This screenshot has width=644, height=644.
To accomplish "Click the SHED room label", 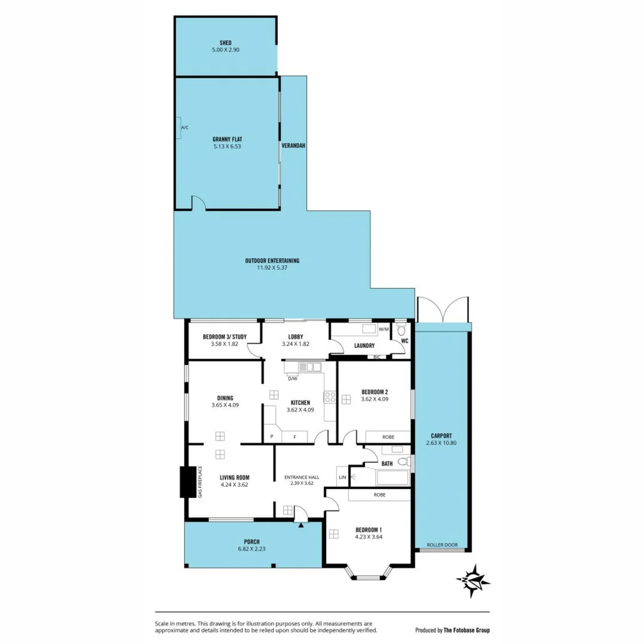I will tap(225, 43).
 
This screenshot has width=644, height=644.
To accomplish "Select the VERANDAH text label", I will tap(293, 145).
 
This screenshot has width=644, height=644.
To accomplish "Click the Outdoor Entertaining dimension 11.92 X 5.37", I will tap(272, 268).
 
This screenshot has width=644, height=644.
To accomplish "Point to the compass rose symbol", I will tap(473, 580).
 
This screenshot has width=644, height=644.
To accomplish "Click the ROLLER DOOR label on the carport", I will tap(442, 545).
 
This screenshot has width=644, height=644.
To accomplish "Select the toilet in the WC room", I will tap(401, 330).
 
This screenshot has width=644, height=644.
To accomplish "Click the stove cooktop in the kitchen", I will tap(330, 397).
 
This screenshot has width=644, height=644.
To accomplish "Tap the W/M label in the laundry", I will tap(383, 329).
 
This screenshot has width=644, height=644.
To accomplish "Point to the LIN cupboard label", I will tap(342, 477).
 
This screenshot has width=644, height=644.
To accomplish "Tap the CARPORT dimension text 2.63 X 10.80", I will tap(442, 443).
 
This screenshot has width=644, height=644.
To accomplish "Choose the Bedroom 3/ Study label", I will tap(224, 337).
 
